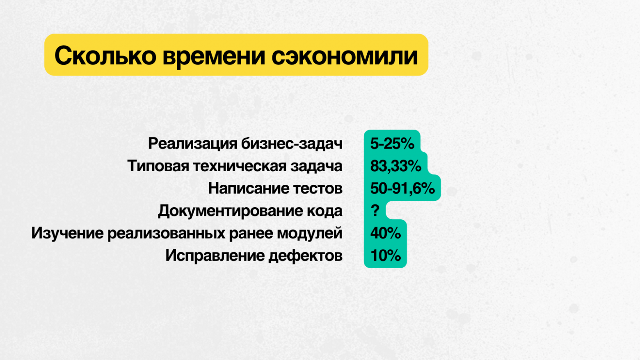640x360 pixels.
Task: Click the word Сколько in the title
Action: click(105, 56)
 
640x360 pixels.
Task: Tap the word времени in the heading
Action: click(214, 56)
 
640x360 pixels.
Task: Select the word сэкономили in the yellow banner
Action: click(345, 56)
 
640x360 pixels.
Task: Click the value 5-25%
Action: click(392, 144)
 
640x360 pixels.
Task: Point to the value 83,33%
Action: click(395, 166)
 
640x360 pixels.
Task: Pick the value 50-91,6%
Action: click(402, 188)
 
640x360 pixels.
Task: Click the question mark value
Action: click(375, 211)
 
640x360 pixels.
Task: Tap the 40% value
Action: click(385, 233)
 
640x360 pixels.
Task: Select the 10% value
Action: click(385, 255)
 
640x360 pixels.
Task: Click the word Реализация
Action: click(192, 144)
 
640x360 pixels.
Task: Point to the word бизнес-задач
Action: click(292, 144)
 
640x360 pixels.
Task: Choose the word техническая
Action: click(239, 166)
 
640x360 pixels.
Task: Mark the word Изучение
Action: click(67, 233)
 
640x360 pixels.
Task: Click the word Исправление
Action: click(215, 256)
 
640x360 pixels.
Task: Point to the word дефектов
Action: click(305, 256)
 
